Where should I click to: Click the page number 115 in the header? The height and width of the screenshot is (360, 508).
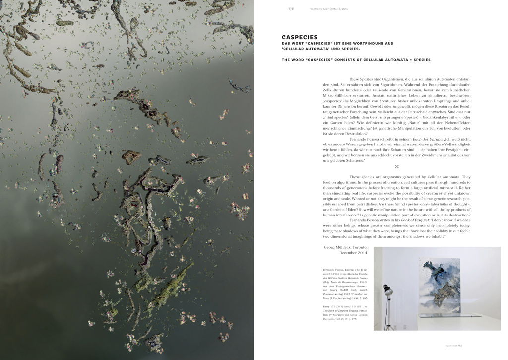(x=291, y=8)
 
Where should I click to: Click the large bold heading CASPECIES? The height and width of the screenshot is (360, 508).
(x=300, y=37)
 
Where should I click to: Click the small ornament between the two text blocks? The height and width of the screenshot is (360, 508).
(x=397, y=167)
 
